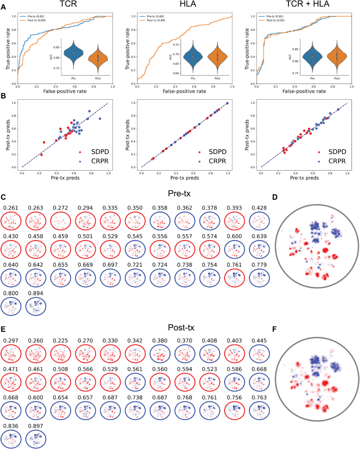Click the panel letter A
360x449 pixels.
click(x=3, y=7)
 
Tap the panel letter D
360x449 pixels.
click(x=275, y=197)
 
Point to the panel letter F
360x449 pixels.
click(x=275, y=329)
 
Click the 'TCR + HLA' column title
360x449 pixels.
click(x=307, y=4)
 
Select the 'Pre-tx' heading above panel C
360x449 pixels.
click(x=179, y=193)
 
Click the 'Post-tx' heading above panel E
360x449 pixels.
click(x=181, y=328)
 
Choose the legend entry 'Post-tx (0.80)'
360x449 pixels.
click(x=36, y=20)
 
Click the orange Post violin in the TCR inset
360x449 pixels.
click(x=98, y=58)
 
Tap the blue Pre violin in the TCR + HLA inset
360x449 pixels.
click(x=312, y=56)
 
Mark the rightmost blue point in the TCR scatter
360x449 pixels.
click(x=100, y=119)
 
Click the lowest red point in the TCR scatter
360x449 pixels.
click(x=41, y=155)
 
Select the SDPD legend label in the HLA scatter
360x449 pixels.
click(x=217, y=152)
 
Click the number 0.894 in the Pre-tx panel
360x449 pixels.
click(x=35, y=293)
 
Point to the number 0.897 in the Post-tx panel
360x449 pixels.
click(x=35, y=426)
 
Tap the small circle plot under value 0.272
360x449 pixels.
click(x=61, y=221)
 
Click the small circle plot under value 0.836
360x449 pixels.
click(x=11, y=439)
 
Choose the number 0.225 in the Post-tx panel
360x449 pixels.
click(x=60, y=341)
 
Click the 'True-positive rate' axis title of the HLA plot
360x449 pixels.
click(x=127, y=49)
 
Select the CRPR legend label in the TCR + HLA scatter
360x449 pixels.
click(x=337, y=161)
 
